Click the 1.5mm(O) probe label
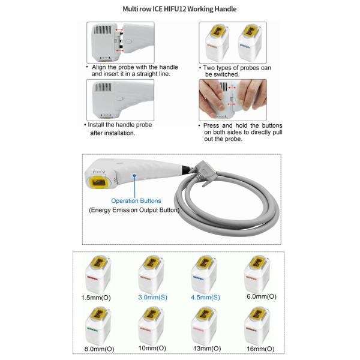(x=96, y=298)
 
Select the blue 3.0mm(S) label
(x=152, y=298)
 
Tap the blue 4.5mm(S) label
(x=205, y=298)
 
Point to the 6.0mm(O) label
(x=262, y=296)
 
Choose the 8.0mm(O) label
(x=99, y=349)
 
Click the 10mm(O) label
(x=152, y=348)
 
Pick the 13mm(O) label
(x=207, y=349)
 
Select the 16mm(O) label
(x=260, y=349)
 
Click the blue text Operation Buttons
(x=136, y=200)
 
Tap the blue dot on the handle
(x=134, y=176)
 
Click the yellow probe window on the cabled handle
(x=99, y=183)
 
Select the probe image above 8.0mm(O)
(x=98, y=326)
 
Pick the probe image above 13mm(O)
(x=204, y=326)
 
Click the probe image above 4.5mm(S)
(x=204, y=274)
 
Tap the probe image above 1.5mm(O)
(x=98, y=274)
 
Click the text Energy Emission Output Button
(x=134, y=210)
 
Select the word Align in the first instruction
(x=99, y=67)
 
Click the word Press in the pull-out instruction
(x=211, y=125)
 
